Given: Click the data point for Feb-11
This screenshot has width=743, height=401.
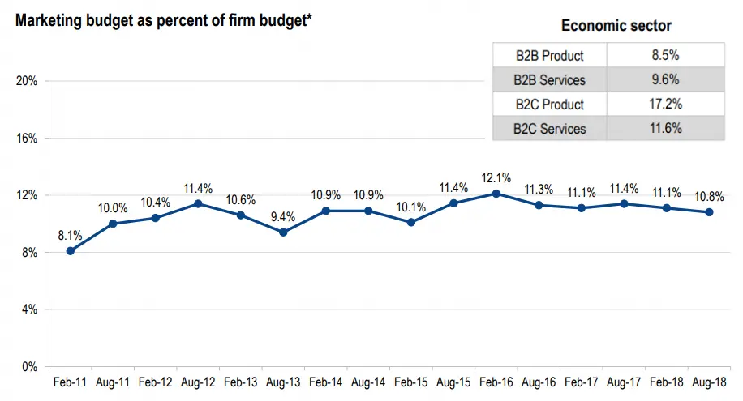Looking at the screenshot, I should pyautogui.click(x=71, y=251).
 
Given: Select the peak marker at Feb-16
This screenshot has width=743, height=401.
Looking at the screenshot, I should pyautogui.click(x=496, y=194).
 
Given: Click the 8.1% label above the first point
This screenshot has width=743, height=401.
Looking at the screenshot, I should pyautogui.click(x=71, y=235).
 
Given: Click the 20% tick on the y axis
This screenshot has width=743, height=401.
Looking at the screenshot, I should pyautogui.click(x=28, y=81).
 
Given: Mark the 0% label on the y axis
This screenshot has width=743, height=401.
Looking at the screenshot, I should pyautogui.click(x=31, y=367).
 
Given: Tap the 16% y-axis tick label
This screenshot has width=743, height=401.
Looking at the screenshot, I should pyautogui.click(x=28, y=139).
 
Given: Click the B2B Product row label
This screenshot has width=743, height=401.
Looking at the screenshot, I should pyautogui.click(x=549, y=56).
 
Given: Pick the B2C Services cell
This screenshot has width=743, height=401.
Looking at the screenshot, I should pyautogui.click(x=549, y=128).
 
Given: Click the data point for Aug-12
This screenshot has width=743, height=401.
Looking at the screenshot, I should pyautogui.click(x=198, y=204).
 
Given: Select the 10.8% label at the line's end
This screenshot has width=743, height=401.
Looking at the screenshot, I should pyautogui.click(x=709, y=196).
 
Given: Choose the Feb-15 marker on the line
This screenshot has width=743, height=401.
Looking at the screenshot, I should pyautogui.click(x=410, y=222).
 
